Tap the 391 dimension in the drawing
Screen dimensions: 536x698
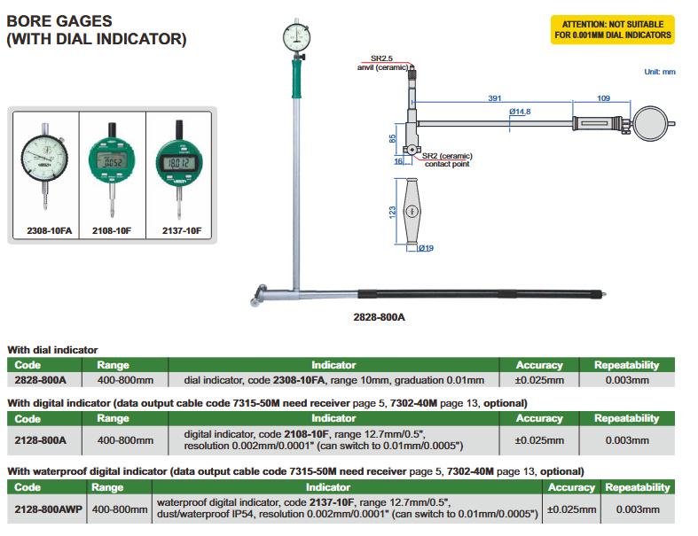click(x=494, y=98)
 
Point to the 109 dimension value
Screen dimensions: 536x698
click(x=603, y=98)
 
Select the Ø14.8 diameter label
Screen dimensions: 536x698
click(x=520, y=112)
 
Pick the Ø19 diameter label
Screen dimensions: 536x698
click(x=425, y=249)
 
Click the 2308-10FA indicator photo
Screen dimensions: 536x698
click(x=44, y=167)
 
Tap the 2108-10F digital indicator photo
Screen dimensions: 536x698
click(x=113, y=167)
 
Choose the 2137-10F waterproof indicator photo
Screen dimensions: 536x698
click(x=179, y=167)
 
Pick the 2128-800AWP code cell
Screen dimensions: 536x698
click(x=46, y=509)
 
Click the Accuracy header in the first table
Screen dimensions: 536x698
click(x=539, y=365)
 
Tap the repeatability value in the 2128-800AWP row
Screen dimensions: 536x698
click(x=639, y=509)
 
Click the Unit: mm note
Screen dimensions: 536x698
click(x=660, y=72)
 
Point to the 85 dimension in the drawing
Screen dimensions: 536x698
click(x=393, y=138)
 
